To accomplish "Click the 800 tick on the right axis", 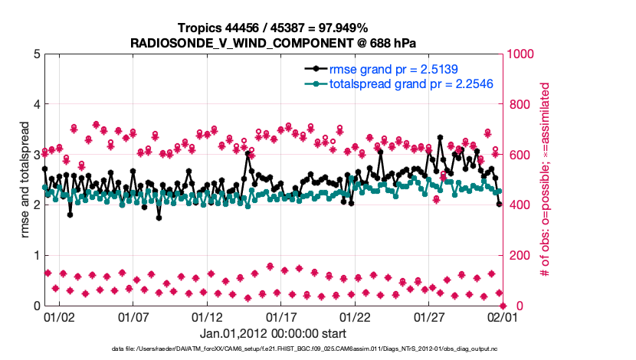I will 517,104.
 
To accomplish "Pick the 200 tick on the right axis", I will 517,256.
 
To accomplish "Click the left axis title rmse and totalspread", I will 23,180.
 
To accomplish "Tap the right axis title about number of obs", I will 546,180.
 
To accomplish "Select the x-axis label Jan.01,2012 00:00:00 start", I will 272,333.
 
